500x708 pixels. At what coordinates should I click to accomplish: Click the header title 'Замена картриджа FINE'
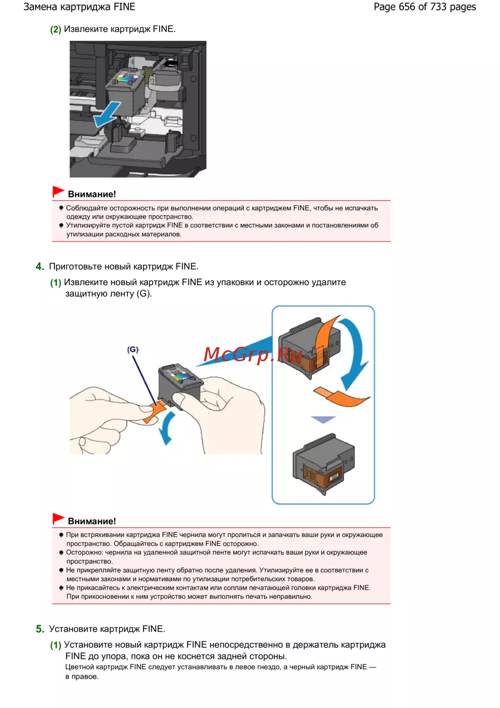coord(79,7)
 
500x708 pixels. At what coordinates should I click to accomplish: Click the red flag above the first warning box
coord(58,192)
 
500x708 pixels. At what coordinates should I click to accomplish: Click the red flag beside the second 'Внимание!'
coord(58,518)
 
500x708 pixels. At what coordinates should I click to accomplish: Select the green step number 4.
coord(40,267)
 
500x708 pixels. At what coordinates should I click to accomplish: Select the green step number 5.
coord(40,629)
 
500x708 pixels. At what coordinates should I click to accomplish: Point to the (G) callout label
coord(132,350)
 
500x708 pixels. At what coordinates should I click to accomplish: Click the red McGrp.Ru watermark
coord(252,354)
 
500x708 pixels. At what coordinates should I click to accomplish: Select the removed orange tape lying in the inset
coord(341,396)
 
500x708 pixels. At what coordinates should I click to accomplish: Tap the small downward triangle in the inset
coord(323,419)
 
